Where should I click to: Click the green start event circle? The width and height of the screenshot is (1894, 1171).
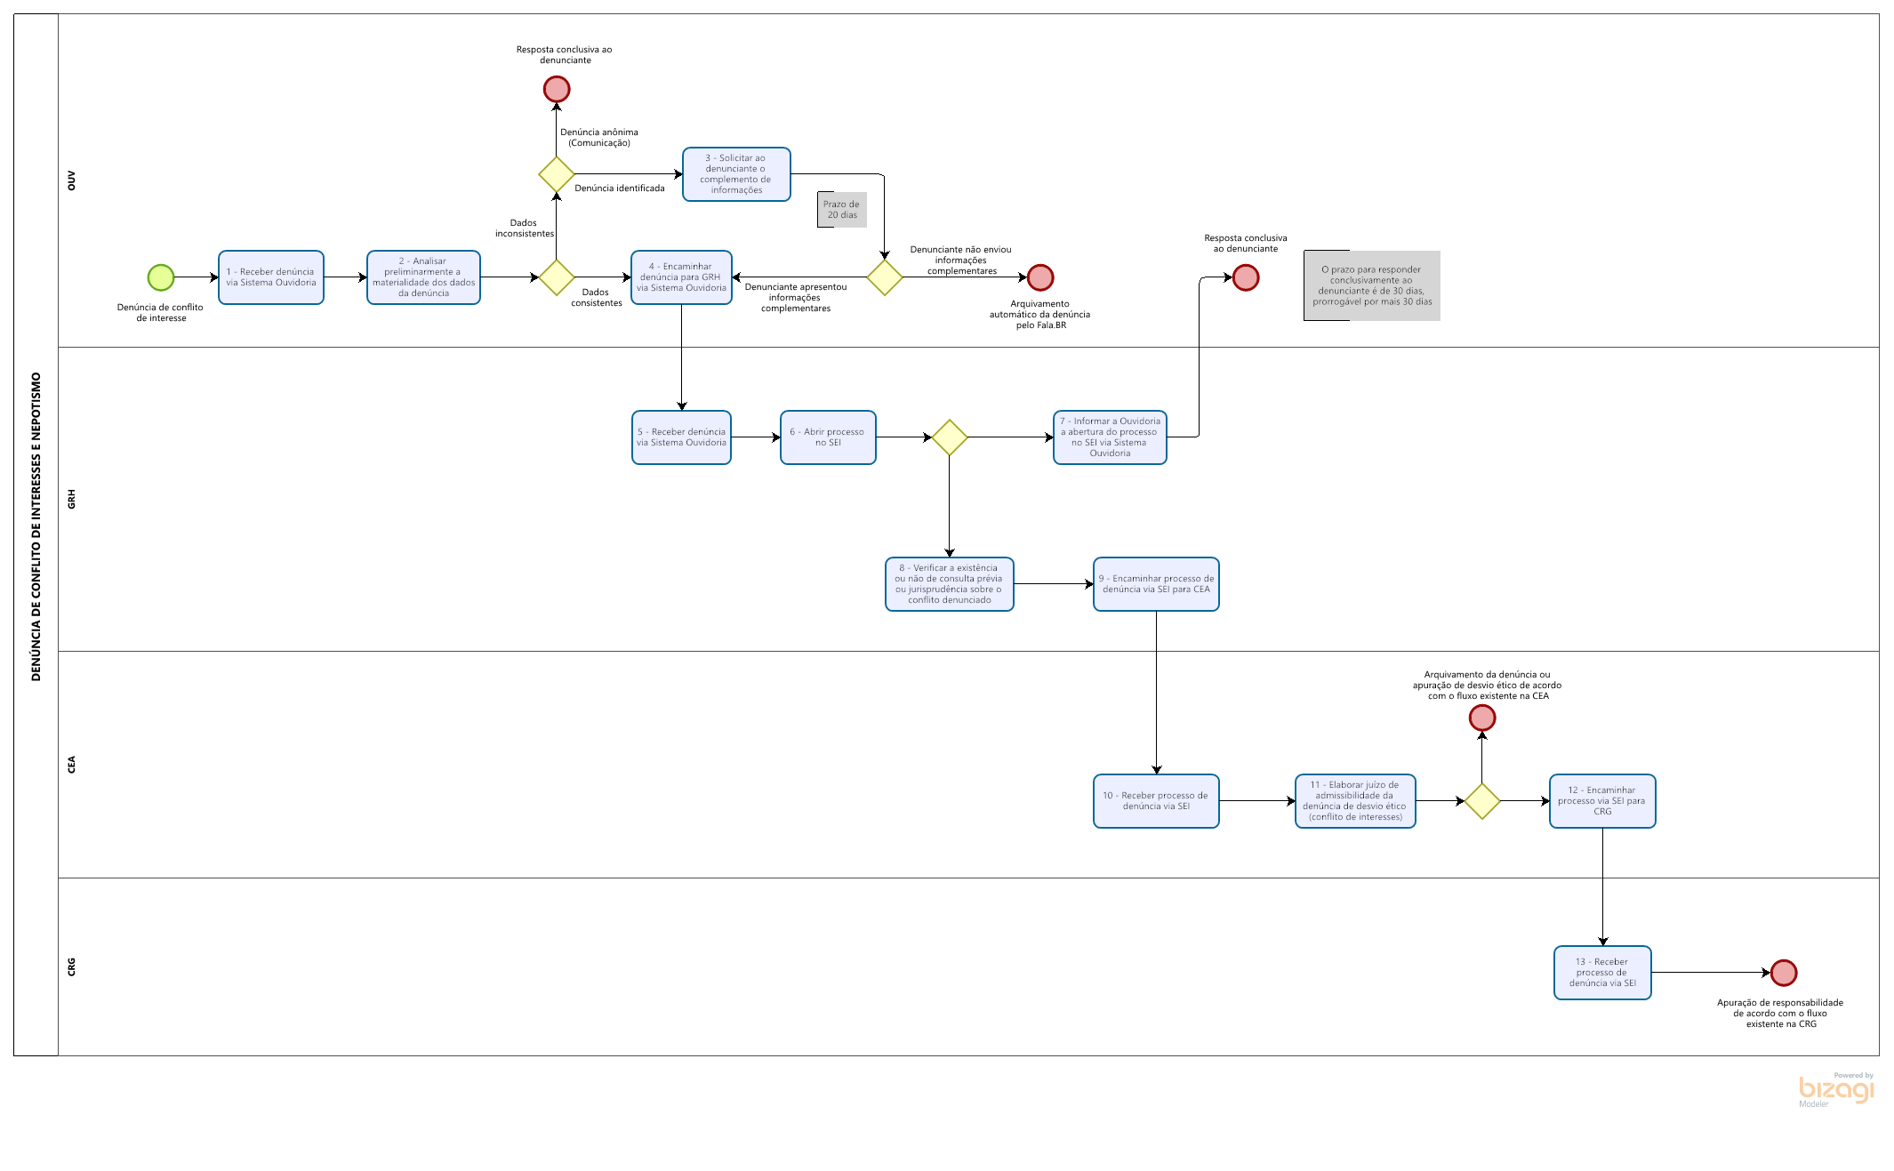(161, 277)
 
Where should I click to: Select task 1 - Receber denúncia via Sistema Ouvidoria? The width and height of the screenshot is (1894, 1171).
(271, 277)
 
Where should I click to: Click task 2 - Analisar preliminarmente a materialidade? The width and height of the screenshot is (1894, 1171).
(423, 277)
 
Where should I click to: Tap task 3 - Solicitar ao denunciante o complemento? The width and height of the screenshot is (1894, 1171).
(736, 174)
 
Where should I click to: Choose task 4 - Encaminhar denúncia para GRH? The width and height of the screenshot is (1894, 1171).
(681, 277)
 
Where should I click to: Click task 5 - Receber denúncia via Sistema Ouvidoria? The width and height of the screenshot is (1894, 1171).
(681, 437)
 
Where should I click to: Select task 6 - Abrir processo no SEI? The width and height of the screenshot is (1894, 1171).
(828, 437)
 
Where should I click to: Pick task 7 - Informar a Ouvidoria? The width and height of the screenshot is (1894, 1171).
(1110, 437)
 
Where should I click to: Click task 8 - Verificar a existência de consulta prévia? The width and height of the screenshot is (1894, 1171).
(949, 584)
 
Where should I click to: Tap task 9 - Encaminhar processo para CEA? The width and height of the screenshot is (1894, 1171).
(1156, 584)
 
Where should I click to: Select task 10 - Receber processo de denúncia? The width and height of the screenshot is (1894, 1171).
(1156, 801)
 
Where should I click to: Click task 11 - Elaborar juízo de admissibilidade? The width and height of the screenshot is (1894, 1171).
(1355, 801)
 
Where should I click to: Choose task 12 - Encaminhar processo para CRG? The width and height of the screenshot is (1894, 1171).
(1602, 801)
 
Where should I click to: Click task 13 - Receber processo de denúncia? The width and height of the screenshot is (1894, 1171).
(1602, 973)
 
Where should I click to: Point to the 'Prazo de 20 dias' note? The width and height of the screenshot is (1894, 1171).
(842, 210)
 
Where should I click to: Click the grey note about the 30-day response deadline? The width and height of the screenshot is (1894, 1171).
(1372, 285)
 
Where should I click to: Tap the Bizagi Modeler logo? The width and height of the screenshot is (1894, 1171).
(1836, 1090)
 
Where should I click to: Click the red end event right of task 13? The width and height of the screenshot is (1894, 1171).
(1784, 973)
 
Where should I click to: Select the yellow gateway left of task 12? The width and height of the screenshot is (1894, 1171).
(1482, 801)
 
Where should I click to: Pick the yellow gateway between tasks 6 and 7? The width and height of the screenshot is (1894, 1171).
(950, 437)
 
